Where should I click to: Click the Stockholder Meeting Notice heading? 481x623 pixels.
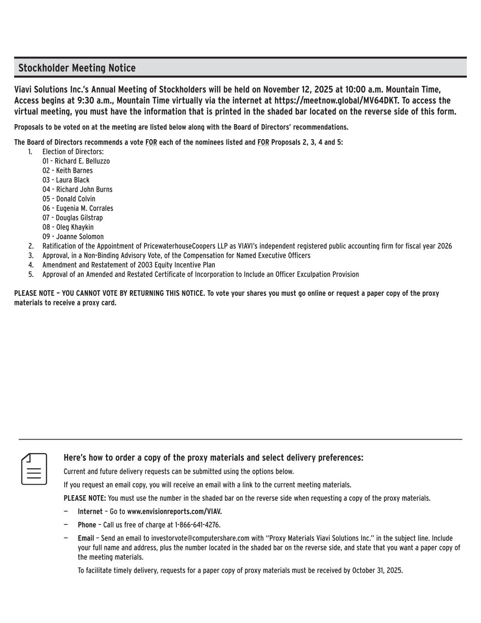(77, 68)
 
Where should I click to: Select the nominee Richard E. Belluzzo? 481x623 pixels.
(82, 161)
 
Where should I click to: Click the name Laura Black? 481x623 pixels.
(72, 180)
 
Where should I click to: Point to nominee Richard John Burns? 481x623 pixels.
(84, 189)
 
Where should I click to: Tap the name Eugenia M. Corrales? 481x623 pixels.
(84, 209)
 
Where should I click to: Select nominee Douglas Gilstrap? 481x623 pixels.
(79, 218)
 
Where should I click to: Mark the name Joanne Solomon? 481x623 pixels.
(79, 237)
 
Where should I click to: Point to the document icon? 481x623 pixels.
(34, 469)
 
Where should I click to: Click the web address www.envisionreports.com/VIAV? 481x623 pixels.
(174, 512)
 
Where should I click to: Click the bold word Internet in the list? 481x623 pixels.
(90, 512)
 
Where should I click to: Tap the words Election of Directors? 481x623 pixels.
(73, 152)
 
